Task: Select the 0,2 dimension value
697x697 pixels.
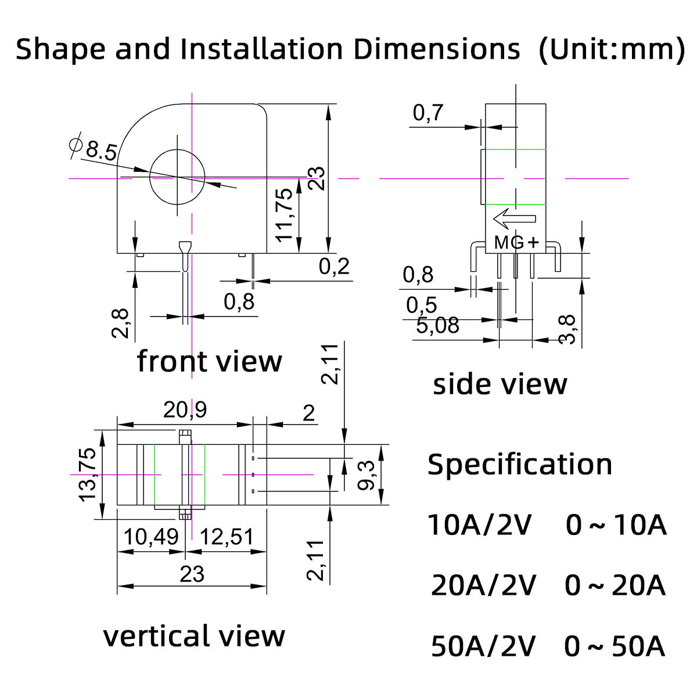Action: click(335, 267)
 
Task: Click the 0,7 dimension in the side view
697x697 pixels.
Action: click(428, 113)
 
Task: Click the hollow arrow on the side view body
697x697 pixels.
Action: click(514, 219)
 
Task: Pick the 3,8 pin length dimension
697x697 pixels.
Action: click(567, 329)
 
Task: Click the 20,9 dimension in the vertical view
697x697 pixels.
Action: click(185, 410)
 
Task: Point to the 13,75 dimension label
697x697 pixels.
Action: click(89, 474)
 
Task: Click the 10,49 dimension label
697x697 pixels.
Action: click(150, 537)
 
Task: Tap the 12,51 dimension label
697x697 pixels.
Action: click(226, 537)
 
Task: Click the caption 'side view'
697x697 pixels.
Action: click(500, 385)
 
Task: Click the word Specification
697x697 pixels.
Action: click(520, 465)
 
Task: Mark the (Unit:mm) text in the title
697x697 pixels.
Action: click(612, 49)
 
